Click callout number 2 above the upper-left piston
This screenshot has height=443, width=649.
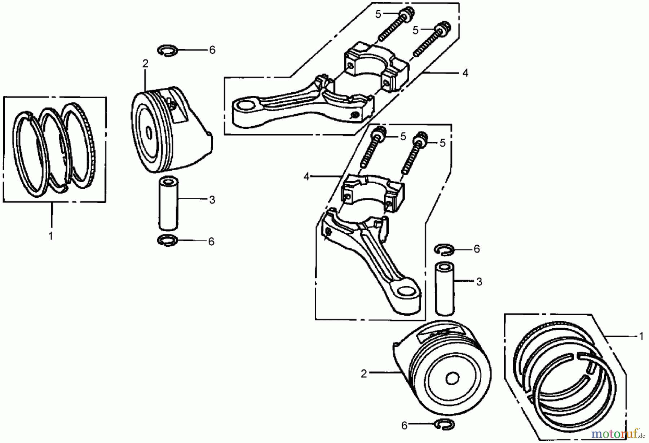(145, 64)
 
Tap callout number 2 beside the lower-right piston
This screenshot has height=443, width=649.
(363, 374)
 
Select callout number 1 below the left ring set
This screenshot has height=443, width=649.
(51, 236)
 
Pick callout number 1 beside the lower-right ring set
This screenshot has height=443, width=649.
(641, 336)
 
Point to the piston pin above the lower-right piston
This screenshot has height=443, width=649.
(444, 289)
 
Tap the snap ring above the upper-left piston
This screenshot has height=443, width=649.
(168, 50)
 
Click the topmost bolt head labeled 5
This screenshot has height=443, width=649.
(408, 15)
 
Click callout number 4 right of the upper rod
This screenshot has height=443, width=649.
(465, 73)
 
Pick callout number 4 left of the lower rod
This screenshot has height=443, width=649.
(306, 177)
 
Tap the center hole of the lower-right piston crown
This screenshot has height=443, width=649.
(452, 378)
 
